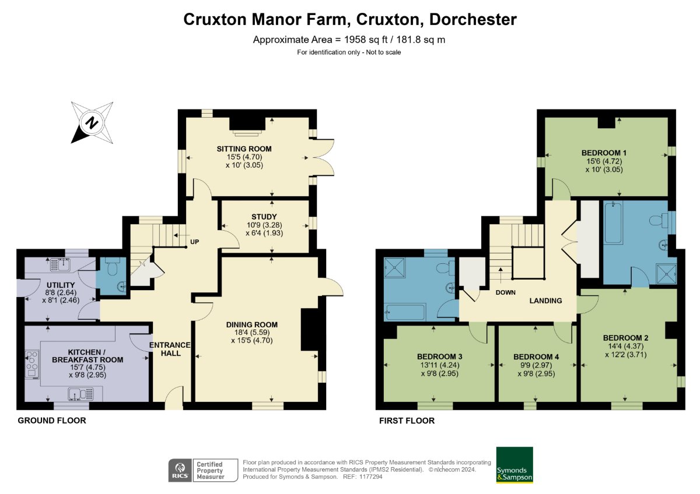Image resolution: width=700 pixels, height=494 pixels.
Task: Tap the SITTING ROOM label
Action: tap(244, 149)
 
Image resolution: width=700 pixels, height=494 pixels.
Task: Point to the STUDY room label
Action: tap(264, 217)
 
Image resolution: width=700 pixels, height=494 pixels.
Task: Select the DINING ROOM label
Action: tap(252, 324)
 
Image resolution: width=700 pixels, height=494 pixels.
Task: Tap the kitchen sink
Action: tap(80, 394)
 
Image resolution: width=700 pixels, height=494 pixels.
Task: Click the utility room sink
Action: tap(60, 265)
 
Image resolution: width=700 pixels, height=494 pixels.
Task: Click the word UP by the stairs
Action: tap(194, 242)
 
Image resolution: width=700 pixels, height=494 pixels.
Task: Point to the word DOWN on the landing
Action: tap(505, 292)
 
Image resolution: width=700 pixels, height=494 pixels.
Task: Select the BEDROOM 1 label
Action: tap(604, 153)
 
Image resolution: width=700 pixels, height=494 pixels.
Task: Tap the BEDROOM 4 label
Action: tap(536, 357)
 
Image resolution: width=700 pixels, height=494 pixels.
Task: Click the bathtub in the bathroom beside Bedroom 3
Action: tap(405, 312)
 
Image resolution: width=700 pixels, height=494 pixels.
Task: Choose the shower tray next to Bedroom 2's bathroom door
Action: tap(666, 274)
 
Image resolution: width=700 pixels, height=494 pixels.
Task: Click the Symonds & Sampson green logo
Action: tap(514, 465)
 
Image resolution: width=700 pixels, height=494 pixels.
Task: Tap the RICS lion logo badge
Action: tap(180, 470)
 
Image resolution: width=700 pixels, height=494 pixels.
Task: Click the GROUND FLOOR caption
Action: tap(52, 421)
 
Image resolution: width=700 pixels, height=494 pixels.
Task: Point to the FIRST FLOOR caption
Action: tap(407, 421)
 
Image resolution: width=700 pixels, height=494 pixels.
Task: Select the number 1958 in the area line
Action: tap(355, 40)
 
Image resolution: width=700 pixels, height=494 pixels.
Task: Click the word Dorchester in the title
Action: tap(473, 19)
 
